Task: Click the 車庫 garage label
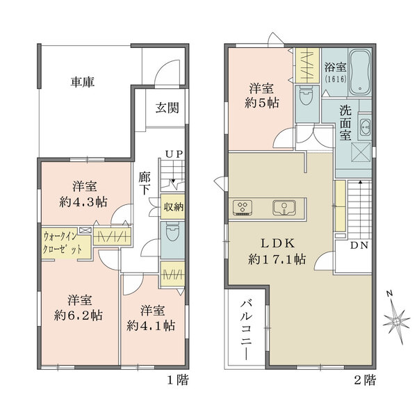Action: coord(82,82)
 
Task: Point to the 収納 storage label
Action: coord(173,207)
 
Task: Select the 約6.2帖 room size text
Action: coord(79,315)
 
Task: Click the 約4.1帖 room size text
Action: coord(151,325)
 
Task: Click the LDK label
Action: coord(279,243)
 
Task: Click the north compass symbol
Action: coord(397,320)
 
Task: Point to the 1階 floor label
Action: coord(177,381)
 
